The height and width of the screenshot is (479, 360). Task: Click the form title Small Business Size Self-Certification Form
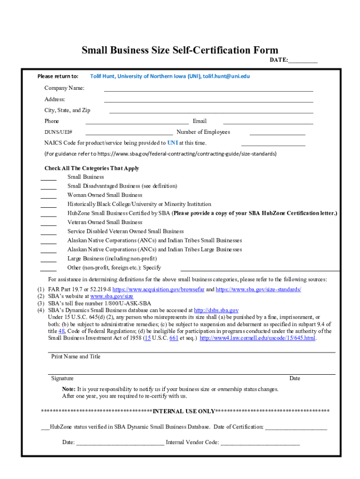tap(180, 50)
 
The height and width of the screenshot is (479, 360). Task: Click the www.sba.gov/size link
tap(112, 297)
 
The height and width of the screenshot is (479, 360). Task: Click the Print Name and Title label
tap(76, 356)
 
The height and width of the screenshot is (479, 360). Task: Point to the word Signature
tap(62, 378)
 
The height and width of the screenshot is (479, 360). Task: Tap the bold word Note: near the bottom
tap(69, 389)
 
